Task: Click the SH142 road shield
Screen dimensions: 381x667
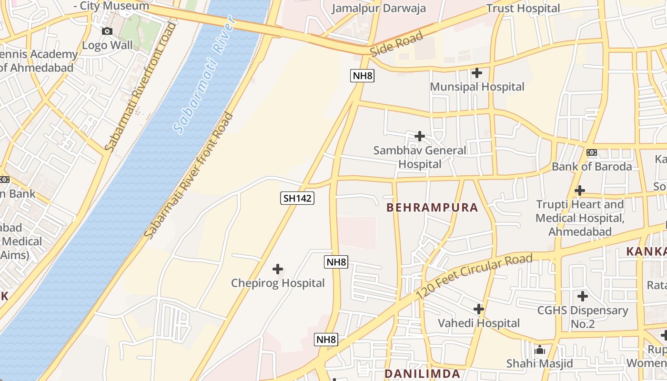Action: [x=297, y=198]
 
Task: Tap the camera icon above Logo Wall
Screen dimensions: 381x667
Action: [x=107, y=31]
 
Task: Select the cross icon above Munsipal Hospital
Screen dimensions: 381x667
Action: [x=476, y=73]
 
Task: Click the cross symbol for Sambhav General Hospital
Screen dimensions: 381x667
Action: [x=419, y=136]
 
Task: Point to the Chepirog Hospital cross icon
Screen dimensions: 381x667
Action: [x=277, y=269]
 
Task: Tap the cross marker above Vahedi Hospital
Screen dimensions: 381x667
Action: [x=479, y=309]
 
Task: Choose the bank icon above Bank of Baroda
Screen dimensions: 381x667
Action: [x=591, y=152]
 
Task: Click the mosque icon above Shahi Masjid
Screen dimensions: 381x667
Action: [x=539, y=350]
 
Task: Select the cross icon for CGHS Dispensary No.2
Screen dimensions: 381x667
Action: [x=582, y=296]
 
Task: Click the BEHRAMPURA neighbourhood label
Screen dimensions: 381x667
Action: [x=432, y=208]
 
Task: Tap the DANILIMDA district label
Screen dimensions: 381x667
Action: [x=422, y=374]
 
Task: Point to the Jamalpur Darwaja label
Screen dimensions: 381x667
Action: [x=379, y=9]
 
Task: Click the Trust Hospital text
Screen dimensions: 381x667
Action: [x=523, y=9]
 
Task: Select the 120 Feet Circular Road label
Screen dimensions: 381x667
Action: [x=474, y=277]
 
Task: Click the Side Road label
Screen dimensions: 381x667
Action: [x=396, y=44]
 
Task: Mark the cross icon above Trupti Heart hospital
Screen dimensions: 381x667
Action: [x=579, y=190]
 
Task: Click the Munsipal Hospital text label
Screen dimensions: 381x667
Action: [x=477, y=87]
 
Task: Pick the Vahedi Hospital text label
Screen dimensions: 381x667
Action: [x=479, y=323]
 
